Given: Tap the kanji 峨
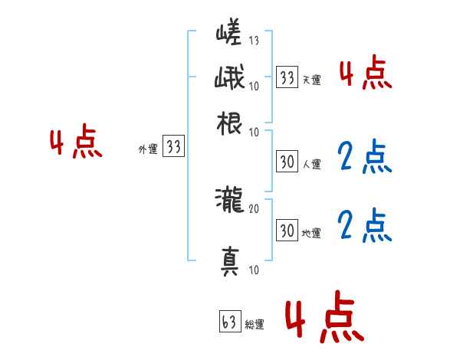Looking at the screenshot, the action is pyautogui.click(x=230, y=80).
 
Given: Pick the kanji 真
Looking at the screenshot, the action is pyautogui.click(x=230, y=261).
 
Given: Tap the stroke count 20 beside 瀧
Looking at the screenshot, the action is pyautogui.click(x=254, y=207).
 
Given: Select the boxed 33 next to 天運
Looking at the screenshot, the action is pyautogui.click(x=287, y=77).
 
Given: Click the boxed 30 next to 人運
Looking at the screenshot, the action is pyautogui.click(x=287, y=162).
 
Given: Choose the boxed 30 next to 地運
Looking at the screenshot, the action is pyautogui.click(x=287, y=229).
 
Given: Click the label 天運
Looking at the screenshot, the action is pyautogui.click(x=311, y=79).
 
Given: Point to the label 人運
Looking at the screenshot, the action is pyautogui.click(x=311, y=164).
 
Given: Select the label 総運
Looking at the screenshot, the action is pyautogui.click(x=255, y=324).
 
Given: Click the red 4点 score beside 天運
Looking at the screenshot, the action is pyautogui.click(x=365, y=74).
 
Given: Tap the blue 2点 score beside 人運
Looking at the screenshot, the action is pyautogui.click(x=365, y=157).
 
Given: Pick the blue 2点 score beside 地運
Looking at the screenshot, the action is pyautogui.click(x=365, y=226).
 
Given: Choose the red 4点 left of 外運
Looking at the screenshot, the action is pyautogui.click(x=75, y=143).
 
